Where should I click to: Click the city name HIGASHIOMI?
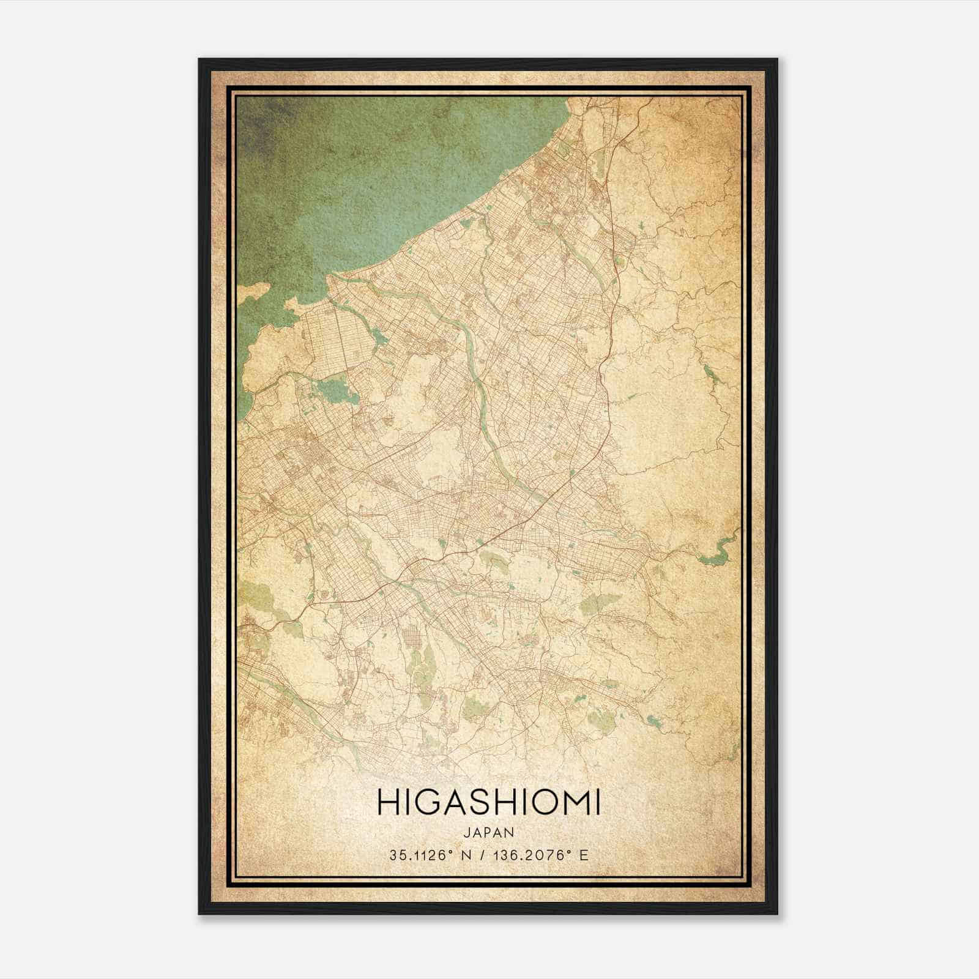(488, 803)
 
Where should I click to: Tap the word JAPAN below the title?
(489, 833)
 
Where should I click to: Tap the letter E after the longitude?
(584, 855)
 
